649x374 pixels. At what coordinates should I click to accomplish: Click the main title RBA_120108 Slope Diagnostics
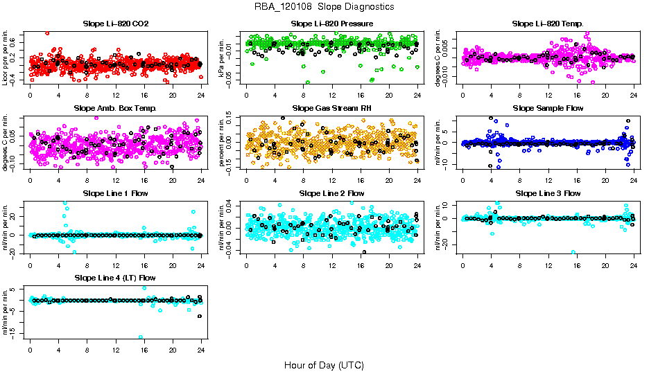point(324,6)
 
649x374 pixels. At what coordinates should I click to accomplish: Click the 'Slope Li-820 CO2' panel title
point(116,24)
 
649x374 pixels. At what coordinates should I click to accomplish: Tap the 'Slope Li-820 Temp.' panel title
point(548,24)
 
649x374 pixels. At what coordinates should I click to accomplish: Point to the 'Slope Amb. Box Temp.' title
point(116,108)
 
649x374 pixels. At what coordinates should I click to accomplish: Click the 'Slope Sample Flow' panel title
point(548,108)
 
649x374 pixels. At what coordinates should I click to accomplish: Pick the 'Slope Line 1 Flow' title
point(116,193)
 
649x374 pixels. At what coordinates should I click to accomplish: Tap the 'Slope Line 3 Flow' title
point(548,193)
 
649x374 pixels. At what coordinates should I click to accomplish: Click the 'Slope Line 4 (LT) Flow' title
point(116,278)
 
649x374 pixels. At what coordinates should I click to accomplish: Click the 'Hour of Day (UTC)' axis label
point(324,364)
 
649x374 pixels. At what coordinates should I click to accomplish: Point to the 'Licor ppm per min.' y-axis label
point(6,57)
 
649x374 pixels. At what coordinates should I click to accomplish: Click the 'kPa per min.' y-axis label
point(223,57)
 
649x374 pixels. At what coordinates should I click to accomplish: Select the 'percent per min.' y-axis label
point(223,142)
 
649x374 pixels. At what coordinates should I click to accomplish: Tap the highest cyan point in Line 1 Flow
point(65,203)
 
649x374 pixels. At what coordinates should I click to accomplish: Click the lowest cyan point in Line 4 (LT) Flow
point(141,337)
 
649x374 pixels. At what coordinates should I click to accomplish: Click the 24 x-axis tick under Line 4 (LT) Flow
point(201,350)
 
